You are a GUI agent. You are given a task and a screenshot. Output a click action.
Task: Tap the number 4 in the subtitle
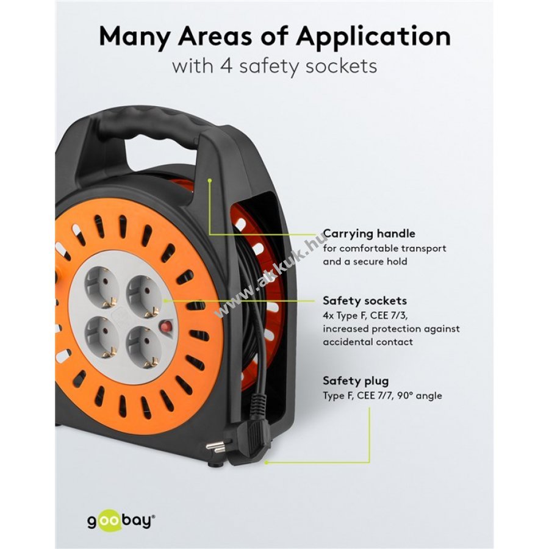(x=226, y=66)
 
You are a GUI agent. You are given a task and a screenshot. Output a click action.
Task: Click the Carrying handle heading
(x=369, y=234)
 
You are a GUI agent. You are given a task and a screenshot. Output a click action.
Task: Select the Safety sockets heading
(x=365, y=301)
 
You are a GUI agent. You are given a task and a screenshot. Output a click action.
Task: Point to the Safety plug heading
(x=356, y=381)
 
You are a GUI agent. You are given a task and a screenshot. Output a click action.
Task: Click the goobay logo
(x=121, y=521)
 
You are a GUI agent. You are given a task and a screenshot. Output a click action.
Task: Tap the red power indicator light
(x=165, y=328)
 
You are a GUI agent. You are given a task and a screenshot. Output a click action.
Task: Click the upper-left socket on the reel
(x=101, y=288)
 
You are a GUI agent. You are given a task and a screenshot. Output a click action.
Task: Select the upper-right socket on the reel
(x=144, y=296)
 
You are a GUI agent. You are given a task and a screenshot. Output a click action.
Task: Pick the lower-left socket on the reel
(x=101, y=338)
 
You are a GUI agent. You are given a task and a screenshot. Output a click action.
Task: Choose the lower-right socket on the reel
(x=144, y=347)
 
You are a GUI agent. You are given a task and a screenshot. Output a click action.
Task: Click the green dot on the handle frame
(x=210, y=181)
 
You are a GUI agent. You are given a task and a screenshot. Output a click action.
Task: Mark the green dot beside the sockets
(x=165, y=300)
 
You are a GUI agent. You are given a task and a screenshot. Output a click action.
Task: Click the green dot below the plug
(x=266, y=462)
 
